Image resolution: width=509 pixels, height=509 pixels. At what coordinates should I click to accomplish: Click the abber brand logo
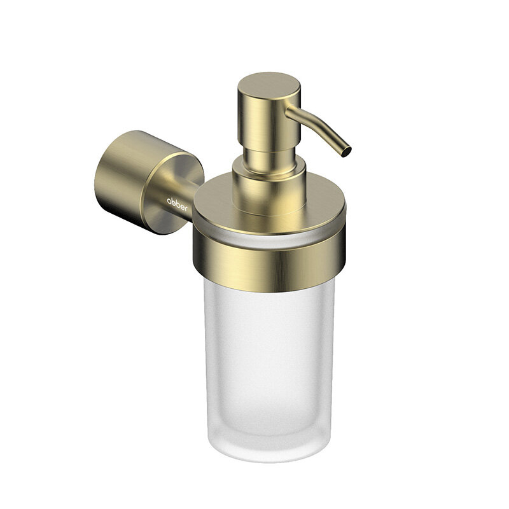click(178, 204)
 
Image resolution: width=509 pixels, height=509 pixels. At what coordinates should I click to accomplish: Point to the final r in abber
click(186, 209)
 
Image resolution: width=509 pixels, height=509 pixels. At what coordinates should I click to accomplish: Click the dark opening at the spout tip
click(347, 151)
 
